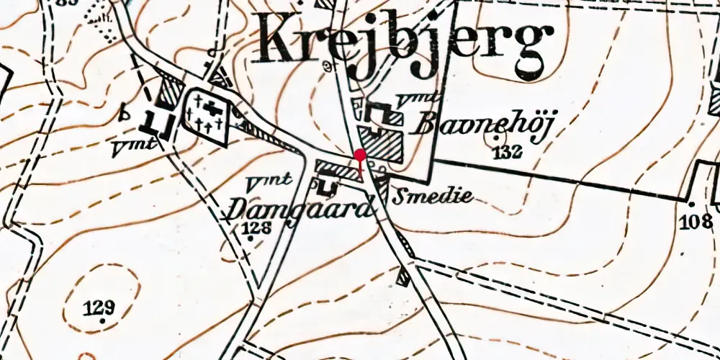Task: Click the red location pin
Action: [x=359, y=155]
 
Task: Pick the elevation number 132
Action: [x=508, y=150]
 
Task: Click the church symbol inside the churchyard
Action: [x=211, y=109]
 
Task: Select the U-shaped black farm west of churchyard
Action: [x=156, y=124]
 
